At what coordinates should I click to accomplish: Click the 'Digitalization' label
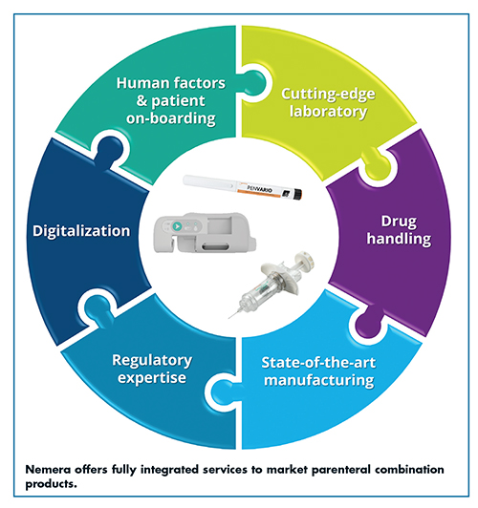[81, 231]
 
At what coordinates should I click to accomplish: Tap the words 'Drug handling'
[399, 230]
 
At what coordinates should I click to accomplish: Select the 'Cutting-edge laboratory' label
[328, 103]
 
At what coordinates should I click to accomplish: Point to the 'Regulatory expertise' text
[152, 369]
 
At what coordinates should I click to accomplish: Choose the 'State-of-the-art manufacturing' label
[318, 371]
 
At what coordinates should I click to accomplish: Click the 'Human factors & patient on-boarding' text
[171, 100]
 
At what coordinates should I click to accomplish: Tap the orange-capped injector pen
[243, 187]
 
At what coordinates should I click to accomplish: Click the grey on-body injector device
[205, 233]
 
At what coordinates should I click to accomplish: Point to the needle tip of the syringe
[228, 318]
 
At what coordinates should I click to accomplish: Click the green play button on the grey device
[177, 226]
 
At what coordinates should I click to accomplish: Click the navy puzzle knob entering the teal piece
[109, 150]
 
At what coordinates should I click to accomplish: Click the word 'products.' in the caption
[52, 484]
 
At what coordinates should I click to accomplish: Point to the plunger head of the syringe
[305, 260]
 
